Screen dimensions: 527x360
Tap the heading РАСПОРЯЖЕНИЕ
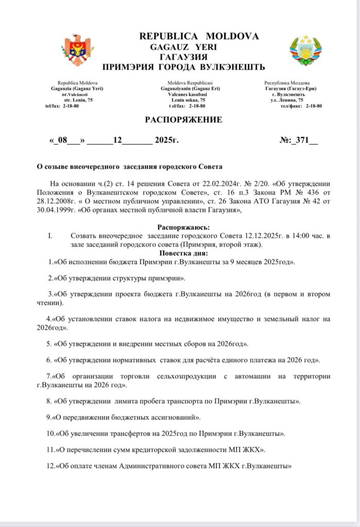click(183, 120)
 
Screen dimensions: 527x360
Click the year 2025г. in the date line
click(166, 140)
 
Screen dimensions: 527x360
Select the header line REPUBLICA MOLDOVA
click(199, 36)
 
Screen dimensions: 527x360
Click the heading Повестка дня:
click(183, 253)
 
